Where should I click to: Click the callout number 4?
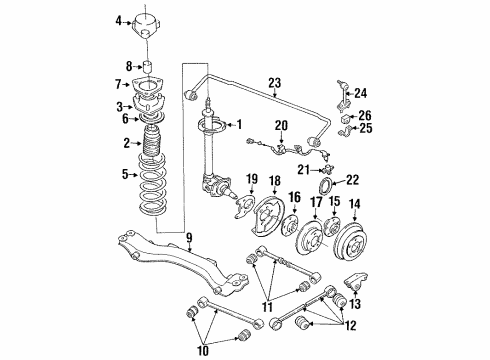118,20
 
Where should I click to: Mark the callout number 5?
125,175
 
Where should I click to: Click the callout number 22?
352,180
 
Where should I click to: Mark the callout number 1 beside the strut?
238,124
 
